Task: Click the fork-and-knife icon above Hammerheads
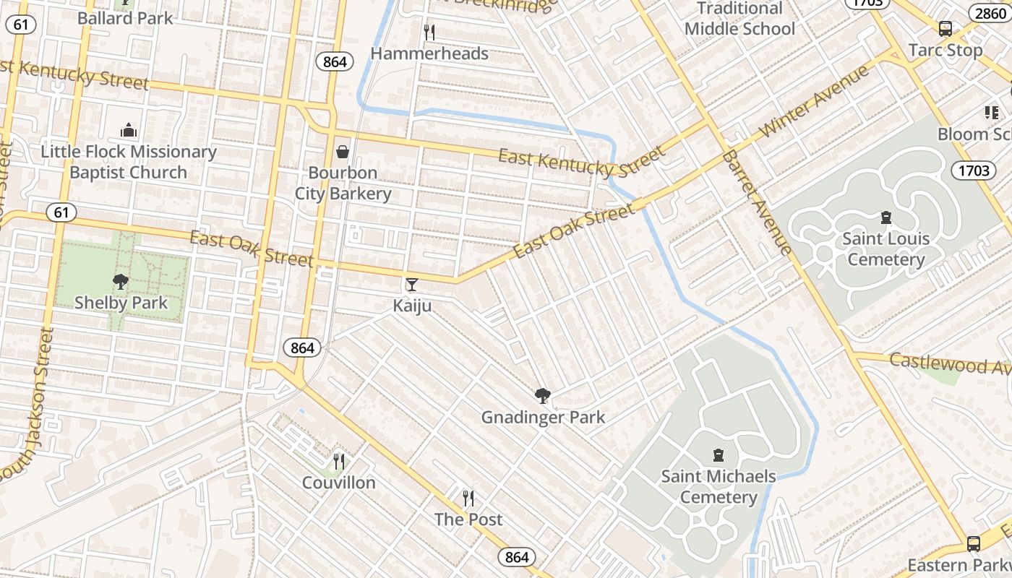[429, 33]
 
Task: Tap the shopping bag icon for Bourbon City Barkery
[343, 152]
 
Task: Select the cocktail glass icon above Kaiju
[412, 285]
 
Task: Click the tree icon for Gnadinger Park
[542, 396]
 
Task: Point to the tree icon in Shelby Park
[121, 282]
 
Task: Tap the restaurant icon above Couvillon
[338, 462]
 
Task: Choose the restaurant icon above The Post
[468, 499]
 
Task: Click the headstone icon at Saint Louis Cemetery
[885, 217]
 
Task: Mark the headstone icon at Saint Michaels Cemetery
[718, 455]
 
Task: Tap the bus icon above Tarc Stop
[945, 29]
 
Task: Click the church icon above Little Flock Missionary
[129, 131]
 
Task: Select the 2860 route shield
[990, 13]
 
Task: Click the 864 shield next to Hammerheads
[335, 62]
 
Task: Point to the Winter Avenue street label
[815, 102]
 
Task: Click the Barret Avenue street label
[756, 203]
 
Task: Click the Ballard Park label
[125, 18]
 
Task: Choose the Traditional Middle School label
[739, 19]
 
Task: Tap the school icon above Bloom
[990, 113]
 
